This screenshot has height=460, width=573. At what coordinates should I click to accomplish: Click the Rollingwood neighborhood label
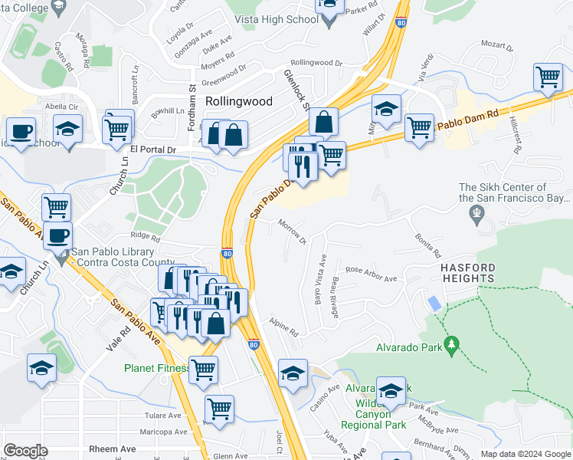(238, 101)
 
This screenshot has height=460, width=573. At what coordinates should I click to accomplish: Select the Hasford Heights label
(467, 274)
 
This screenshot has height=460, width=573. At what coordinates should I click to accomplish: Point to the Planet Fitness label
(158, 368)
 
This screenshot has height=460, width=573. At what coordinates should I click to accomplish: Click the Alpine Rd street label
(283, 327)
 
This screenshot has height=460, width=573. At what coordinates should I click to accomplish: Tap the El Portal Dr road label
(153, 149)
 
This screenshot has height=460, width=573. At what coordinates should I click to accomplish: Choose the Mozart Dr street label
(499, 48)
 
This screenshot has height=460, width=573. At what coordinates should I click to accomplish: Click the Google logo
(26, 451)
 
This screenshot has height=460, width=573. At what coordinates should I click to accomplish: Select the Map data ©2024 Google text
(525, 454)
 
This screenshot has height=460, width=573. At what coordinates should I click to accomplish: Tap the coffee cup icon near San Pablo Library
(58, 235)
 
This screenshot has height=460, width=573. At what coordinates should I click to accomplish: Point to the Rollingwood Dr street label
(316, 63)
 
